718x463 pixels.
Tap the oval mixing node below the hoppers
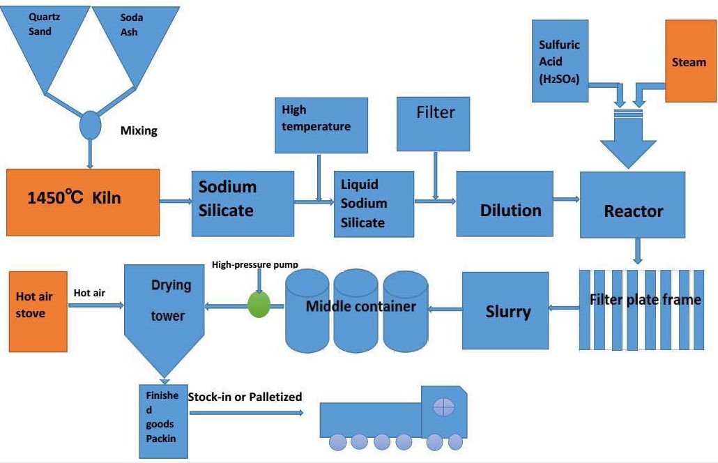(90, 125)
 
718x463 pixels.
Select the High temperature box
(321, 125)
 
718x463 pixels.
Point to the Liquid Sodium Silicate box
(374, 204)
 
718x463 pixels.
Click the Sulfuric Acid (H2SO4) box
(560, 61)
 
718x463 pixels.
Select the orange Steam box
(689, 61)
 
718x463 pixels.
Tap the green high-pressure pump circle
(259, 305)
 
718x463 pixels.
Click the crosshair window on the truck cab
(443, 407)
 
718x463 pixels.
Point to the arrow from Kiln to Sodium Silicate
(176, 202)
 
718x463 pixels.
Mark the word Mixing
(139, 130)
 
